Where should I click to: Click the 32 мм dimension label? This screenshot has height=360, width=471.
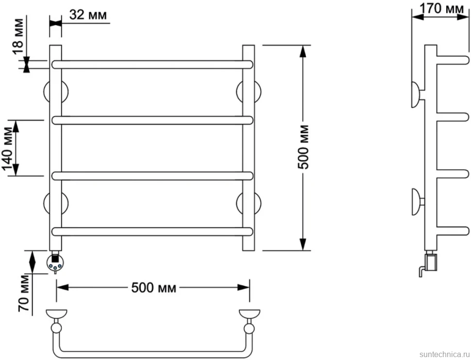[88, 15]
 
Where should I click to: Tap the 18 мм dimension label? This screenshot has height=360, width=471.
[17, 36]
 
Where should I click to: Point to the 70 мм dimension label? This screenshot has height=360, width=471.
[24, 292]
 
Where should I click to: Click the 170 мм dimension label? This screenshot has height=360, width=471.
[441, 8]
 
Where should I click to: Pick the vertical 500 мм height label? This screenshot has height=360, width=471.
[303, 147]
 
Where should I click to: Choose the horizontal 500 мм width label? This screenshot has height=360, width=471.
[153, 288]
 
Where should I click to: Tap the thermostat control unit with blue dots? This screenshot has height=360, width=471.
[55, 263]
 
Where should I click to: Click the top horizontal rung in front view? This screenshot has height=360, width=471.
[152, 65]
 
